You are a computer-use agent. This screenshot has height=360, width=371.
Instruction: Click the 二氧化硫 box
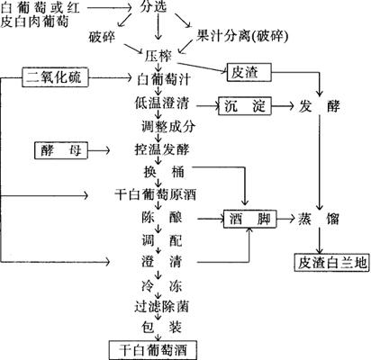tap(55, 77)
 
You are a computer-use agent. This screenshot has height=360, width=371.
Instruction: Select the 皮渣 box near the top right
tap(249, 72)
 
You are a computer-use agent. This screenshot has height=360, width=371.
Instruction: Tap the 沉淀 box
tap(245, 106)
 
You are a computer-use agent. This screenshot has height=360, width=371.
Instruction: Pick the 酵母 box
tap(61, 150)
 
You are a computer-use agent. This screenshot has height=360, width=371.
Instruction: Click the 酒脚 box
tap(249, 219)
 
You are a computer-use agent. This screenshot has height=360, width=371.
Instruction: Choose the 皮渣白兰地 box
tap(331, 263)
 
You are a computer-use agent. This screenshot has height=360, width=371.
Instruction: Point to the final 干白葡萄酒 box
tap(153, 350)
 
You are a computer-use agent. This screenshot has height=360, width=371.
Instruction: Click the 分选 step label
tap(153, 7)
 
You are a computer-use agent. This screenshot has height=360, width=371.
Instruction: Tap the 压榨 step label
tap(158, 56)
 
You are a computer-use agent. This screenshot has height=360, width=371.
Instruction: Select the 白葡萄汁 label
tap(164, 80)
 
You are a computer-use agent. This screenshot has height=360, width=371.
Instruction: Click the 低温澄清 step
tap(162, 103)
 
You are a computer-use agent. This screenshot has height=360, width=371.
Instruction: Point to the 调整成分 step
tap(168, 127)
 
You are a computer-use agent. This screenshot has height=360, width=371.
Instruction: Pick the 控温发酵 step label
tap(162, 149)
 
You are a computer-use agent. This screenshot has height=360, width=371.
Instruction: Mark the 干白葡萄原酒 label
tap(156, 194)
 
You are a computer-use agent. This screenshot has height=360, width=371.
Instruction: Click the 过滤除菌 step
tap(162, 307)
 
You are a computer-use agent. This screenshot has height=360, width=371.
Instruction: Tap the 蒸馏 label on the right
tap(319, 219)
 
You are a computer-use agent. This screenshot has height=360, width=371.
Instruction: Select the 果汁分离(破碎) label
tap(242, 36)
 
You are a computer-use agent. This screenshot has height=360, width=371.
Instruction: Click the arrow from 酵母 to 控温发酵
tap(99, 150)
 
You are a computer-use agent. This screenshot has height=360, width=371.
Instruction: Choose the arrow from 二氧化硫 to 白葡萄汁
tap(111, 78)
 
